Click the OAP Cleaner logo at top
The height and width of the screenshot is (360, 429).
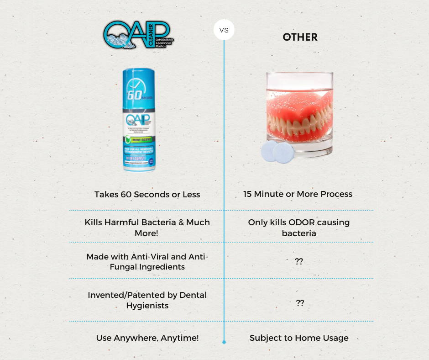138,34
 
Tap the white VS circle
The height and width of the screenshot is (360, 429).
224,30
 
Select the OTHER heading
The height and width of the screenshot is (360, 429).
300,37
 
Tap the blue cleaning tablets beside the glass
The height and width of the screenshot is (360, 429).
277,151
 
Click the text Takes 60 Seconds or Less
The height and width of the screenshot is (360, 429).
147,194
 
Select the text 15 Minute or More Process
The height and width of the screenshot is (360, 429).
298,194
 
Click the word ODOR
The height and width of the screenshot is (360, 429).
299,222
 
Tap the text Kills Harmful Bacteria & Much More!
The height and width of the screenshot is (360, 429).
147,228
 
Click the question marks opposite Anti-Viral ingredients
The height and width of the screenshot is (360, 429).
299,262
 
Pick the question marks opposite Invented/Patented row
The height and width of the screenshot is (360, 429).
299,303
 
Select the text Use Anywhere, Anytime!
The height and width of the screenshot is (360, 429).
147,338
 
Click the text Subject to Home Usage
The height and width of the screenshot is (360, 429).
299,338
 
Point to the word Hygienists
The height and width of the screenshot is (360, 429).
147,305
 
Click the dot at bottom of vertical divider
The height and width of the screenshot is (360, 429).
224,341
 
